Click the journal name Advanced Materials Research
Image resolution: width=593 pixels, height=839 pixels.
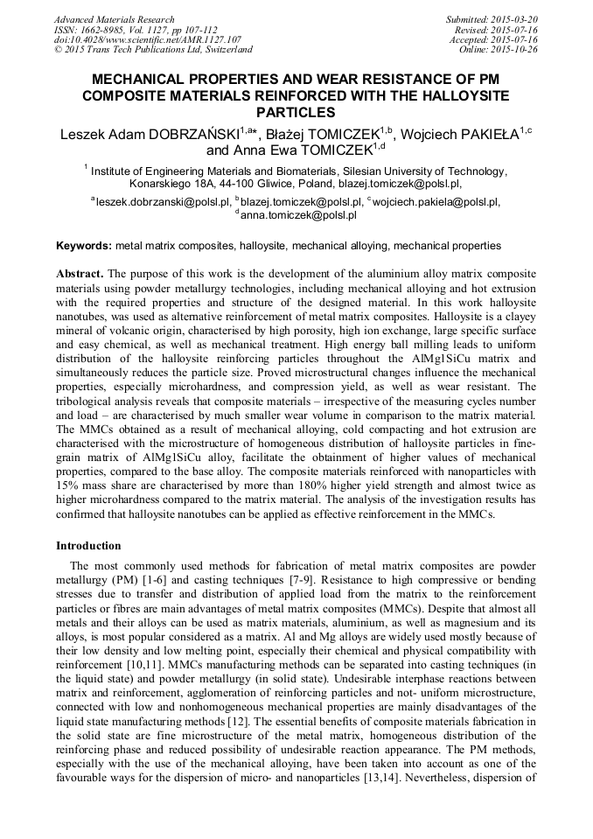(x=114, y=19)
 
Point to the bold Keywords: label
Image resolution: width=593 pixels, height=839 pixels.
(x=84, y=246)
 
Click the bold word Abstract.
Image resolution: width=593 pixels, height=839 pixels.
(x=80, y=274)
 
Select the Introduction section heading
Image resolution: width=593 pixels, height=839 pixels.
(x=88, y=545)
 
